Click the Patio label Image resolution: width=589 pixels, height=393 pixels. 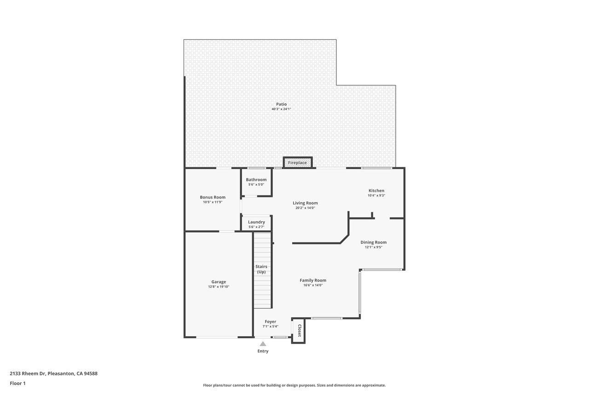[x=281, y=104]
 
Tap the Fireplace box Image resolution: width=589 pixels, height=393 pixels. [x=297, y=163]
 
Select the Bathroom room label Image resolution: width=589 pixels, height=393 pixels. [x=256, y=180]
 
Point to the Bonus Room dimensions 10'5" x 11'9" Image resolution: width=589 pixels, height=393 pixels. [x=213, y=202]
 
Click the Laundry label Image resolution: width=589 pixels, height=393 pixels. [x=256, y=222]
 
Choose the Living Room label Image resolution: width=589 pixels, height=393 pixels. [x=305, y=203]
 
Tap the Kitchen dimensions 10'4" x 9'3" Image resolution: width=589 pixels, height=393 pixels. [x=376, y=195]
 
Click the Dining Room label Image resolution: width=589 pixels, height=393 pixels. [x=373, y=242]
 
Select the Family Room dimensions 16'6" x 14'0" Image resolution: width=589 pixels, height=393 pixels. [x=313, y=285]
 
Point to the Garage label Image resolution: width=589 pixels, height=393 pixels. [x=219, y=282]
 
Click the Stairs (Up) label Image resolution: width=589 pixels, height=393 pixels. [x=261, y=269]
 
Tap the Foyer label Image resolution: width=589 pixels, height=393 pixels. [x=270, y=322]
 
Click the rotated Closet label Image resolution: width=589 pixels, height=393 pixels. [x=299, y=330]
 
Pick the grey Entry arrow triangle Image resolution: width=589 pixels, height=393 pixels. [x=263, y=344]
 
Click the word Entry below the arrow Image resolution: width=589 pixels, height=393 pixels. [x=263, y=351]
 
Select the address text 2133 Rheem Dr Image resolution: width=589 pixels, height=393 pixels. [x=28, y=373]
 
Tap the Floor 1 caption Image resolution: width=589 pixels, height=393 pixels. [x=17, y=383]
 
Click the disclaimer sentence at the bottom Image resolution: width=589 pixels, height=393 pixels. [x=294, y=385]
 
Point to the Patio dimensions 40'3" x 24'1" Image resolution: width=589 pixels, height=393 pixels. [x=281, y=109]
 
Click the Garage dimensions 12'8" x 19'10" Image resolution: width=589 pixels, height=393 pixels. [x=219, y=287]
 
